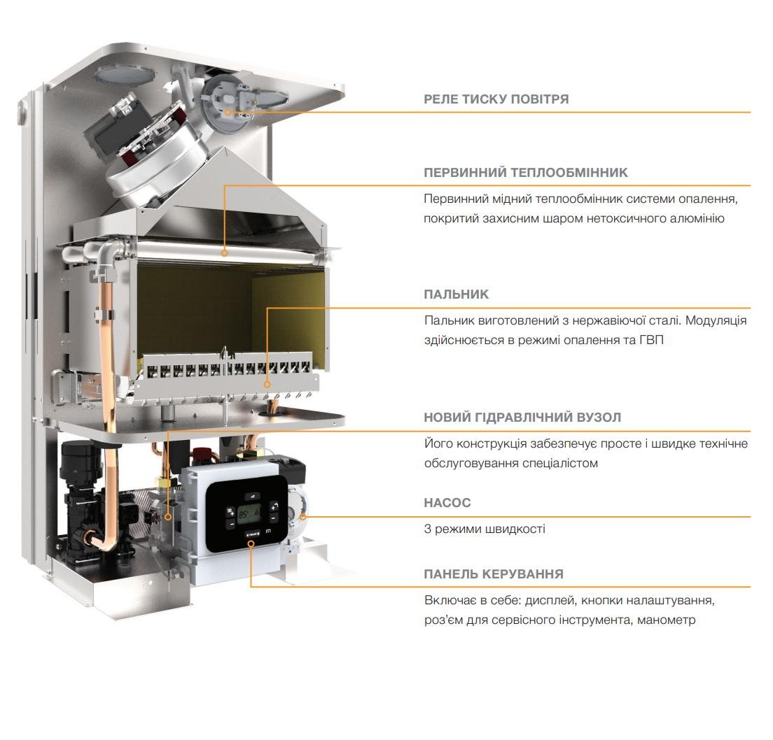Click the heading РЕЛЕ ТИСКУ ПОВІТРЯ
[496, 99]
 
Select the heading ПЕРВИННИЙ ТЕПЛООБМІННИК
[526, 172]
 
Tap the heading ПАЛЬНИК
[456, 294]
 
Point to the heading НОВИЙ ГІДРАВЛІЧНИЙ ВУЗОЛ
[522, 418]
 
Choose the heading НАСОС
[447, 503]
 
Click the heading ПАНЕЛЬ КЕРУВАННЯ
[494, 574]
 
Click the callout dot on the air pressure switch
[228, 112]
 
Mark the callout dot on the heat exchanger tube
[224, 253]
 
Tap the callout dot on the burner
[267, 385]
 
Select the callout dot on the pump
[303, 517]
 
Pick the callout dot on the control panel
[251, 543]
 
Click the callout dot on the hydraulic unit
[168, 517]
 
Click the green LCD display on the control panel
[250, 515]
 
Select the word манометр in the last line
[666, 620]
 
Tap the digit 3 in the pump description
[427, 529]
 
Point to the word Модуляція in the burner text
[716, 321]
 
